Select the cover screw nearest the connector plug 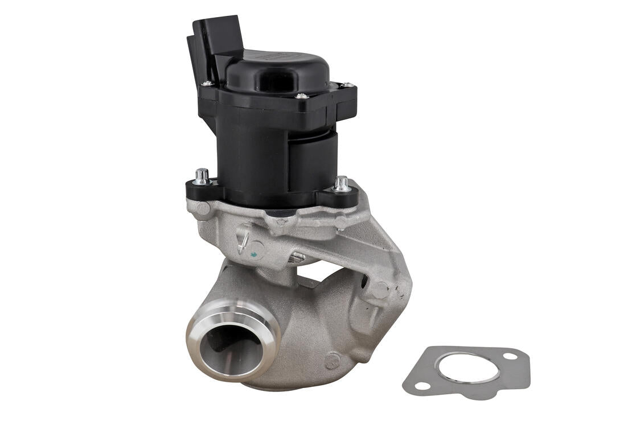[207, 84]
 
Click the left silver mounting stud [202, 176]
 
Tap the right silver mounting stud [342, 183]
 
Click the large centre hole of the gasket [469, 369]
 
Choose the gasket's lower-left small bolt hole [422, 386]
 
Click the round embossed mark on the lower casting [331, 360]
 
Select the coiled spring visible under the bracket [296, 257]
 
